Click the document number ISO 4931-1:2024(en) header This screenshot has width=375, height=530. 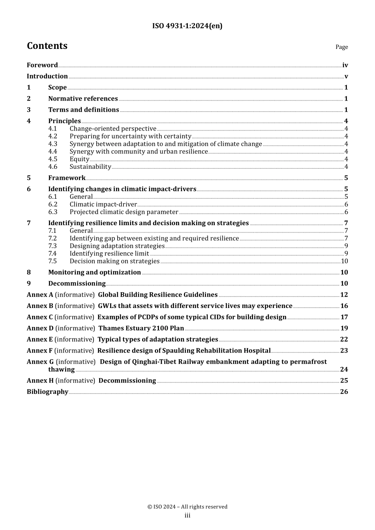pyautogui.click(x=187, y=26)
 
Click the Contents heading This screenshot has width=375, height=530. pyautogui.click(x=47, y=46)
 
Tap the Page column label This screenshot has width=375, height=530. pyautogui.click(x=341, y=47)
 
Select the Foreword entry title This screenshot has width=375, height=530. pyautogui.click(x=42, y=65)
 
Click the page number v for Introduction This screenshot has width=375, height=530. pyautogui.click(x=346, y=77)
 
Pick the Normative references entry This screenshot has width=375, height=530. pyautogui.click(x=83, y=99)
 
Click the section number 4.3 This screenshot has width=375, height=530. pyautogui.click(x=52, y=144)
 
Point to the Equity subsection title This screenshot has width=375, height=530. pyautogui.click(x=79, y=159)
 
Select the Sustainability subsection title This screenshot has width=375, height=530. pyautogui.click(x=90, y=166)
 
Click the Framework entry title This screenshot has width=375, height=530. pyautogui.click(x=67, y=178)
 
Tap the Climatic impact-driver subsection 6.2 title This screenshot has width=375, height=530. pyautogui.click(x=103, y=204)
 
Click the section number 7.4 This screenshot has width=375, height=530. pyautogui.click(x=52, y=254)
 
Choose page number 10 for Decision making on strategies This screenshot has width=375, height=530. pyautogui.click(x=344, y=261)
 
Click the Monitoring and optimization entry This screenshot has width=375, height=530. pyautogui.click(x=94, y=272)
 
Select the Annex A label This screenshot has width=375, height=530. pyautogui.click(x=40, y=295)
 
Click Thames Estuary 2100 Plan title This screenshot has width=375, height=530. pyautogui.click(x=141, y=328)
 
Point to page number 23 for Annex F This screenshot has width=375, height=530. pyautogui.click(x=344, y=351)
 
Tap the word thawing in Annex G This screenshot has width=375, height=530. pyautogui.click(x=61, y=370)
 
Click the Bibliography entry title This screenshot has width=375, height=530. pyautogui.click(x=47, y=392)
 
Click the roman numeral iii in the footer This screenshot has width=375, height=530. pyautogui.click(x=187, y=515)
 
